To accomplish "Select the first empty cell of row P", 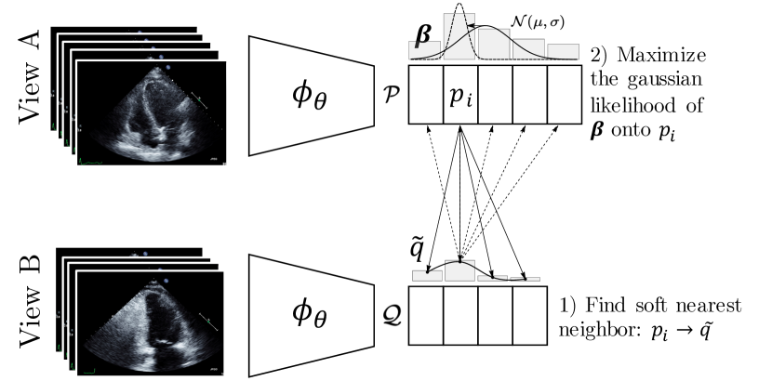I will pyautogui.click(x=425, y=94).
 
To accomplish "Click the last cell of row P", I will pyautogui.click(x=564, y=94).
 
